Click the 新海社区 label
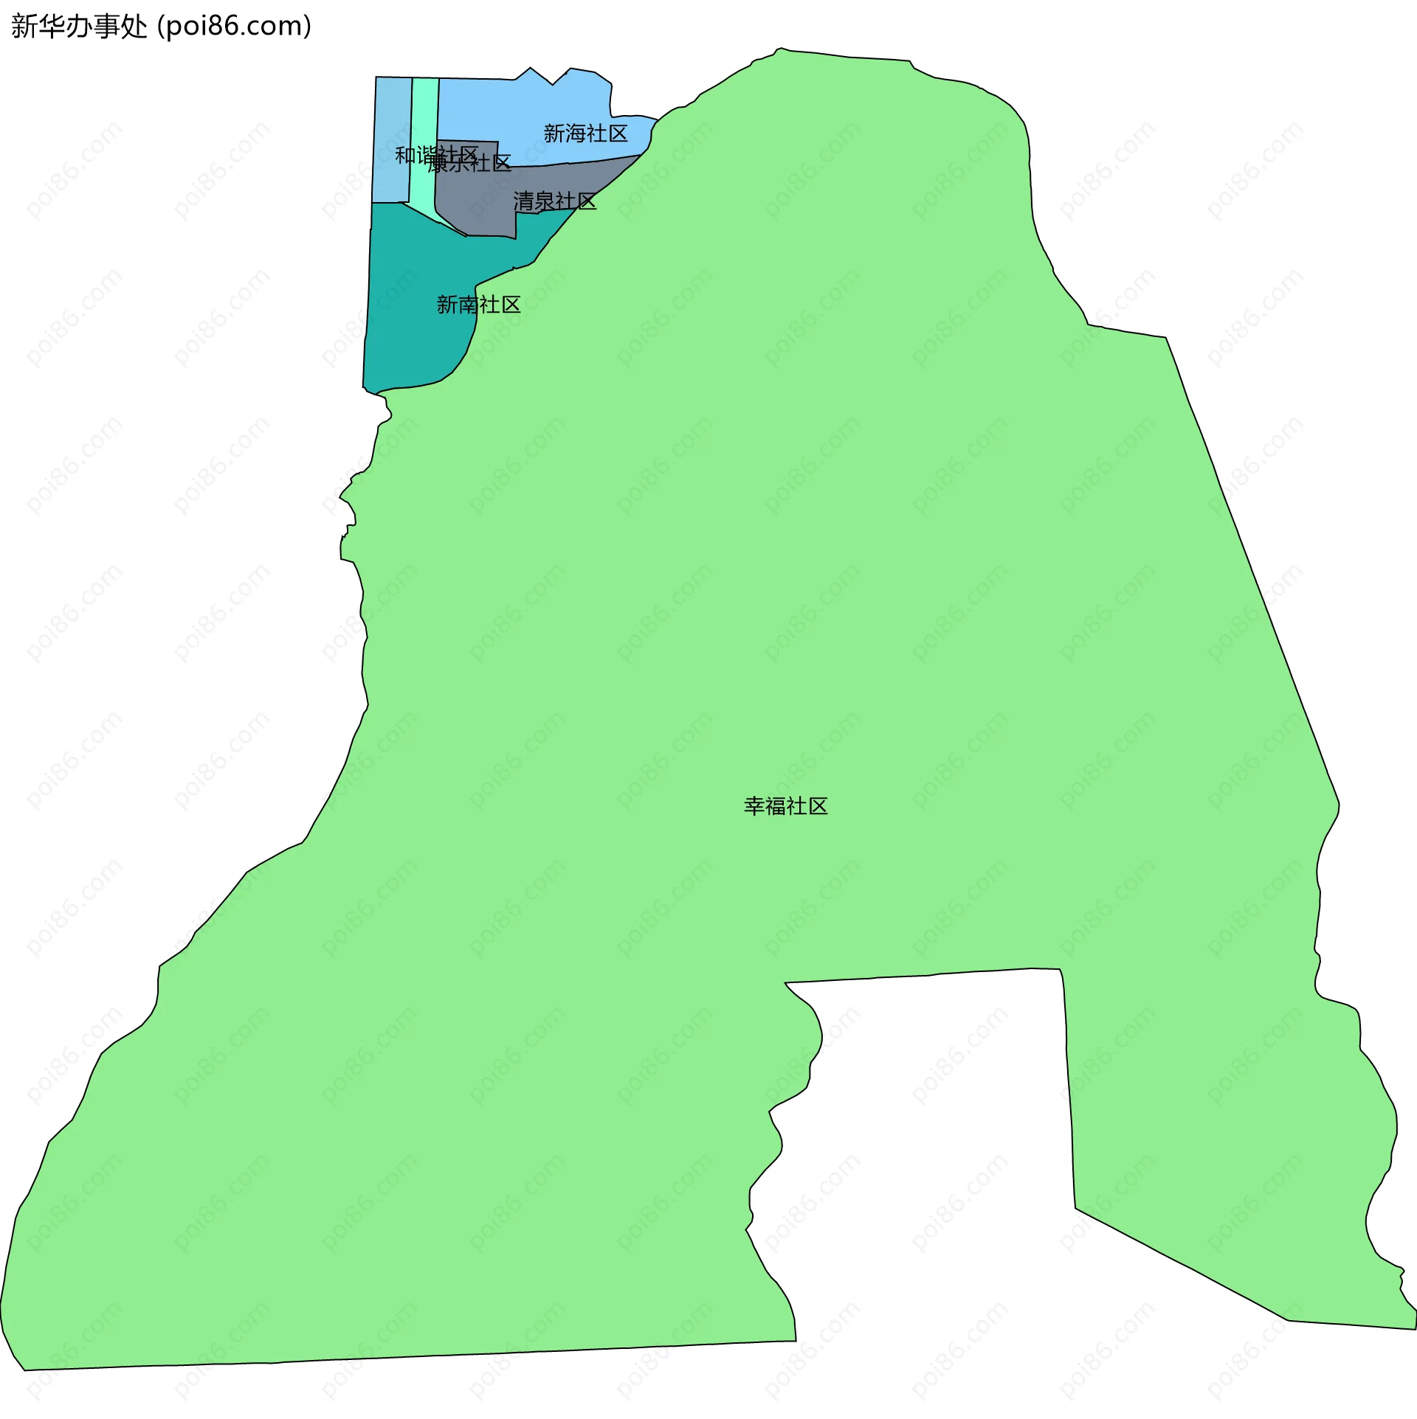tap(585, 133)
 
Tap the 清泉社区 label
tap(554, 201)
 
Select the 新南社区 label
tap(478, 305)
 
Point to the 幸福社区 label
tap(785, 806)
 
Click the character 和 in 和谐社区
tap(405, 156)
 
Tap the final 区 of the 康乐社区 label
tap(502, 163)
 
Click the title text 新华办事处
tap(79, 27)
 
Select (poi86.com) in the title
tap(235, 27)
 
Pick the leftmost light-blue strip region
tap(392, 118)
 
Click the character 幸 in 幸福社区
tap(754, 806)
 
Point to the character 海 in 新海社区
tap(575, 133)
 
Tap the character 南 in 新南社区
tap(468, 305)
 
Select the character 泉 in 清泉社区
tap(544, 201)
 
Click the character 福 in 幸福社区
tap(775, 806)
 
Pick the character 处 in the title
tap(134, 27)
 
